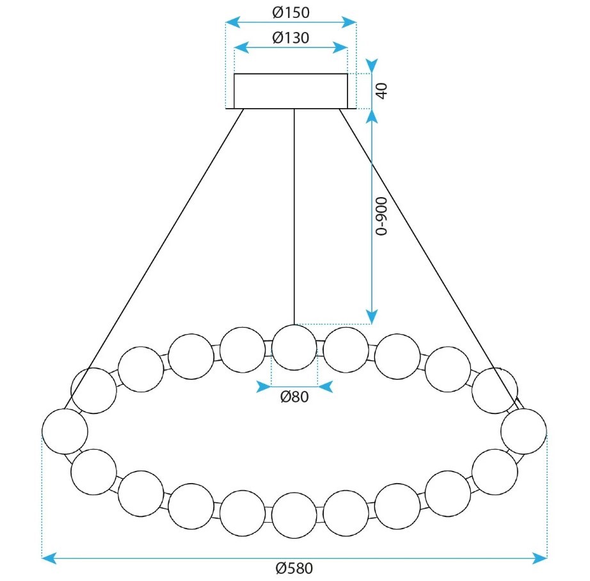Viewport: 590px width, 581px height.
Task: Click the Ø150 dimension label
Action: coord(291,12)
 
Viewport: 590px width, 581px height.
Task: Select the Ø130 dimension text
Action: coord(291,38)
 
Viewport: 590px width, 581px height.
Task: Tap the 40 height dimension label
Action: coord(381,91)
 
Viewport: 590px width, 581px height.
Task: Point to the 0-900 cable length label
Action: coord(381,216)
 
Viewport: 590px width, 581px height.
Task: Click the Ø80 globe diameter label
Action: coord(294,397)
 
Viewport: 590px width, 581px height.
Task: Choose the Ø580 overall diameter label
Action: coord(294,568)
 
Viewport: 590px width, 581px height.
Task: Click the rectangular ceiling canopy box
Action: coord(291,91)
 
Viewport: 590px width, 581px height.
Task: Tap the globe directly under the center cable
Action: coord(294,347)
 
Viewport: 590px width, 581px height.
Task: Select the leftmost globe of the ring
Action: coord(65,431)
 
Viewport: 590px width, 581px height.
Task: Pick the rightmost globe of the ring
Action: coord(523,431)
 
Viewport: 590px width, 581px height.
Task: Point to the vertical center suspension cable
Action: coord(294,217)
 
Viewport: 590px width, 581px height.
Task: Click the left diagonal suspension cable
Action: coord(154,259)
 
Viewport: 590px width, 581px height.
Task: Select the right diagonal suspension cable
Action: coord(431,259)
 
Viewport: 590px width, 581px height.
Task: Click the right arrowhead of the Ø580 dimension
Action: coord(539,558)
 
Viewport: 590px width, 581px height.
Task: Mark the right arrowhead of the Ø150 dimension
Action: coord(349,22)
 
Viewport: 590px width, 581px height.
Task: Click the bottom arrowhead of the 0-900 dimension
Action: coord(372,317)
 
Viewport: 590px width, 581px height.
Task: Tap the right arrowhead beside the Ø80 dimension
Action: coord(326,386)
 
